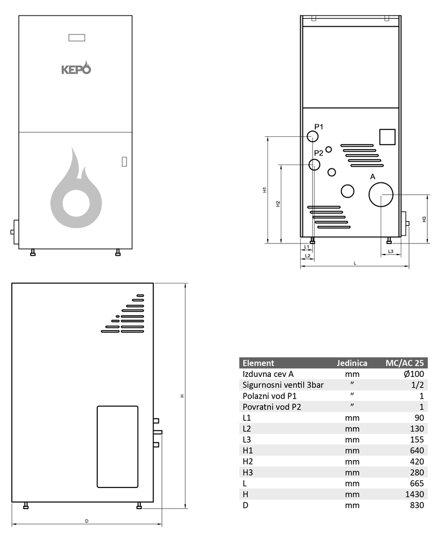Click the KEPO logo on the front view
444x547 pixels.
pos(76,68)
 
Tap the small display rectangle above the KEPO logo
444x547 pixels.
pos(77,38)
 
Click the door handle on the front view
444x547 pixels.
pos(124,162)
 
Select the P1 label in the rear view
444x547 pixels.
pos(319,127)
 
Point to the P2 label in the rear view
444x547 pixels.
pos(318,153)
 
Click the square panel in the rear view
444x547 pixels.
pos(387,137)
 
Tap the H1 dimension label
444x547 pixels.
pos(265,190)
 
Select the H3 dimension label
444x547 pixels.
pos(424,219)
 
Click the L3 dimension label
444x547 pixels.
pos(390,251)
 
